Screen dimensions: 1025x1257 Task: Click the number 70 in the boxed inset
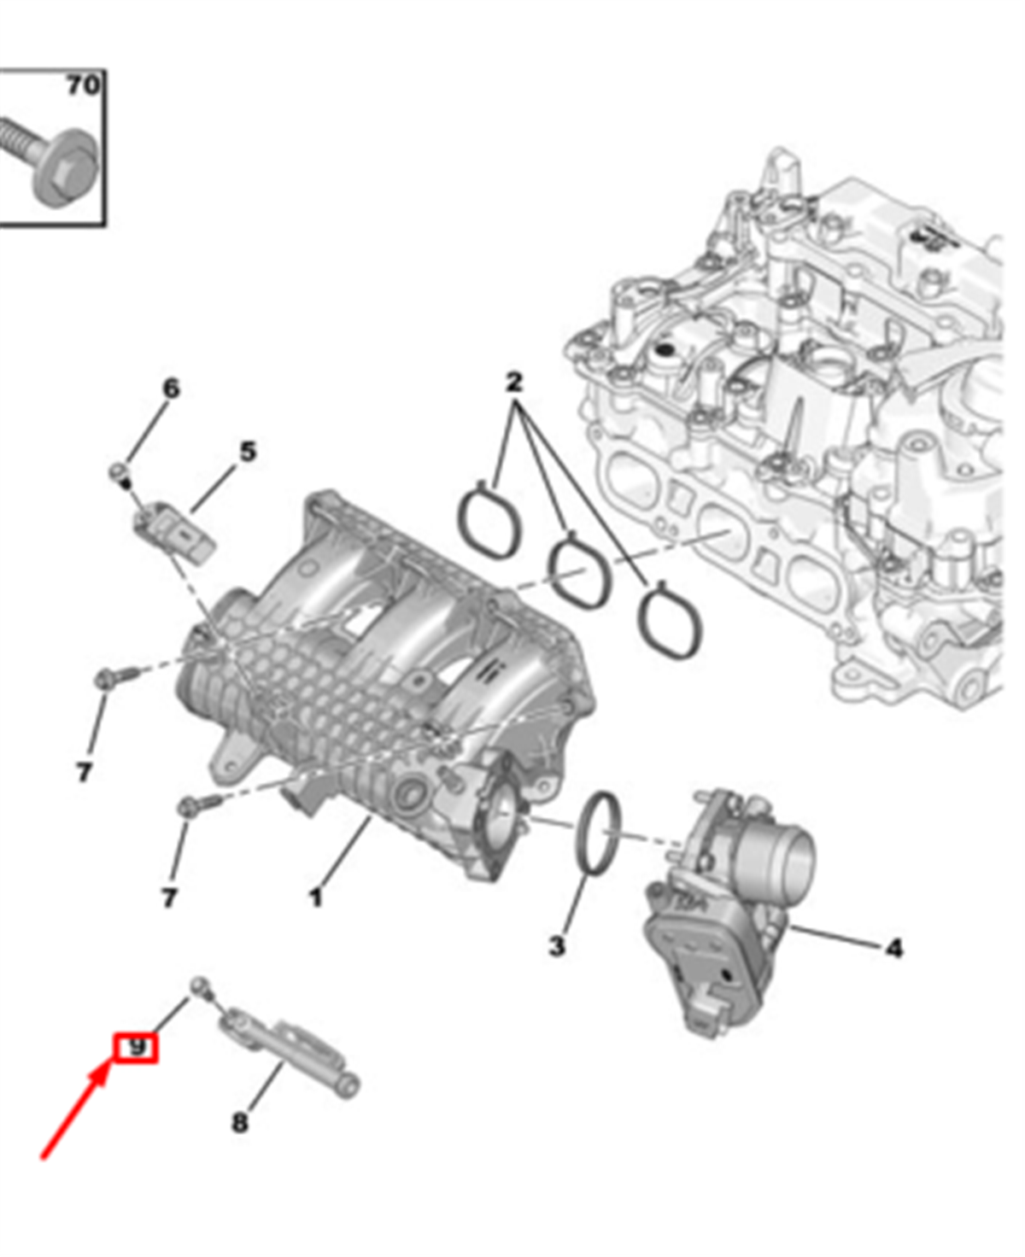tap(82, 85)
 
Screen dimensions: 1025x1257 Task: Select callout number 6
tap(171, 389)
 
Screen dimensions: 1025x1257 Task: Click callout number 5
tap(248, 452)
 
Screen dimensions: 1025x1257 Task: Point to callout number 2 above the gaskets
tap(514, 382)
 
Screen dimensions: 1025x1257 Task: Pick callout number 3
tap(556, 945)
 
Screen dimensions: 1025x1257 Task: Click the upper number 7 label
tap(84, 773)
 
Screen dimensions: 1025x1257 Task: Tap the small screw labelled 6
tap(120, 474)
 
